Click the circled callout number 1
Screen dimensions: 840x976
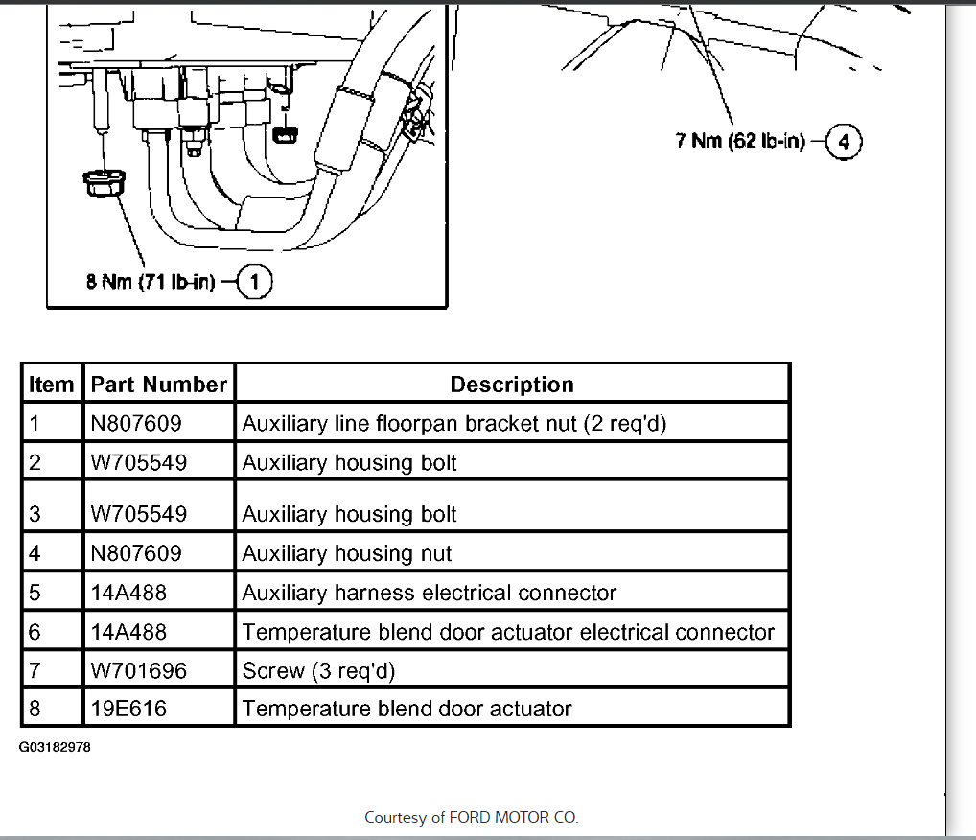pyautogui.click(x=254, y=283)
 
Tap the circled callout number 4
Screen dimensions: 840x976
pyautogui.click(x=844, y=142)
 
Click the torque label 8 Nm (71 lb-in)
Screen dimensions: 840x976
pyautogui.click(x=151, y=283)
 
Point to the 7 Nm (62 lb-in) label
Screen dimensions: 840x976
pyautogui.click(x=740, y=142)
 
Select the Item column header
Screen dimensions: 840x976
pyautogui.click(x=52, y=385)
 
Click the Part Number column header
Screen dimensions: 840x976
pyautogui.click(x=158, y=385)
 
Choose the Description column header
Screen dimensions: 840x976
pyautogui.click(x=512, y=385)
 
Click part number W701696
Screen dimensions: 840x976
pyautogui.click(x=138, y=670)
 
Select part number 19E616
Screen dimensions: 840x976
pyautogui.click(x=128, y=709)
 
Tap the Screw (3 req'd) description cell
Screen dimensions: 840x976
pyautogui.click(x=318, y=670)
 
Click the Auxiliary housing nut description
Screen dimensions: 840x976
pyautogui.click(x=347, y=553)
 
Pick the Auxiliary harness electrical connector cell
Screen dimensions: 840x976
pyautogui.click(x=429, y=593)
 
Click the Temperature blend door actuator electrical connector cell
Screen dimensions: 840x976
pyautogui.click(x=508, y=632)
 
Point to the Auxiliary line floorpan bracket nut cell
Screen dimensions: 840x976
pyautogui.click(x=453, y=423)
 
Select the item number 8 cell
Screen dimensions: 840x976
pyautogui.click(x=36, y=709)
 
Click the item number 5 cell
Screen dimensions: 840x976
pyautogui.click(x=36, y=593)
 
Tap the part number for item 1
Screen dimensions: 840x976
pyautogui.click(x=135, y=423)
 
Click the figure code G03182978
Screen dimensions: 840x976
pyautogui.click(x=55, y=746)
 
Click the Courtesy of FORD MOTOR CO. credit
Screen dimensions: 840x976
pyautogui.click(x=472, y=818)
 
